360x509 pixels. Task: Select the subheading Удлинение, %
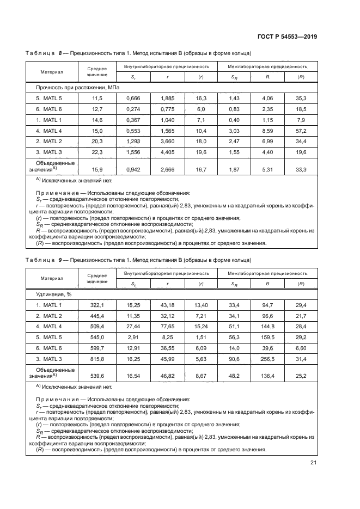[x=54, y=294]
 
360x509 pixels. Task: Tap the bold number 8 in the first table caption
[x=60, y=53]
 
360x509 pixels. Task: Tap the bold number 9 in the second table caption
[x=60, y=260]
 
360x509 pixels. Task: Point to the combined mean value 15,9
[x=96, y=170]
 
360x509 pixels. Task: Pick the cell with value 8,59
[x=268, y=131]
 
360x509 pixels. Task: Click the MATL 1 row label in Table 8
[x=49, y=120]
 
